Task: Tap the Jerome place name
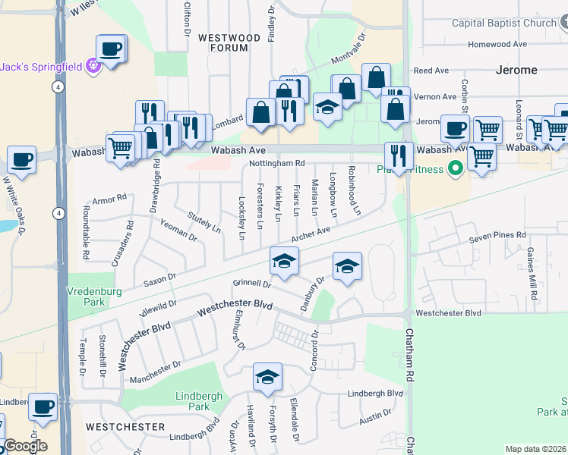coord(516,70)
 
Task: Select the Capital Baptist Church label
coord(504,23)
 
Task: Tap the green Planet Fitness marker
coord(456,168)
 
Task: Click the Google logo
coord(24,446)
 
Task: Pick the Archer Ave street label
coord(311,234)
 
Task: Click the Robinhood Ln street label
coord(354,190)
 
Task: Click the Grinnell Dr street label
coord(251,284)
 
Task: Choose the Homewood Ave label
coord(497,44)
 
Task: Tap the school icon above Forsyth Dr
coord(267,376)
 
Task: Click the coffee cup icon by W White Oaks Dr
coord(21,160)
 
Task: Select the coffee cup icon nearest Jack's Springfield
coord(111,49)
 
